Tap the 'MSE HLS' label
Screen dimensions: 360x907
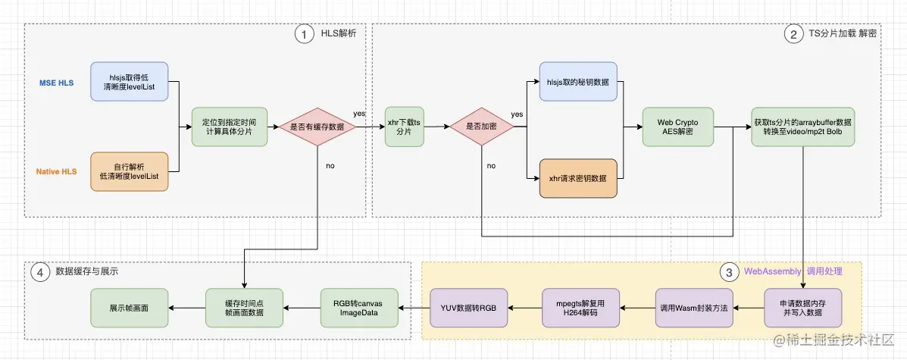(x=56, y=82)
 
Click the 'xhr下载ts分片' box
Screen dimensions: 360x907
(x=405, y=127)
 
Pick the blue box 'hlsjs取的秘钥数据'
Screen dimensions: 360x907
(x=578, y=82)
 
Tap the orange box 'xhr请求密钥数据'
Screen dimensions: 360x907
(x=578, y=178)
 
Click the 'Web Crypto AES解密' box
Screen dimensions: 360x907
(x=677, y=127)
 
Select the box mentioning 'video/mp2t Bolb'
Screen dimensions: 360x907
(x=802, y=127)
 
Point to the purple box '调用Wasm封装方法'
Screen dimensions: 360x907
(x=693, y=307)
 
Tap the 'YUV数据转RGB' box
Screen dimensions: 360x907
(x=469, y=307)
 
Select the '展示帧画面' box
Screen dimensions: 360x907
(x=128, y=307)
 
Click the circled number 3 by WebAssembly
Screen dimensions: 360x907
(x=728, y=271)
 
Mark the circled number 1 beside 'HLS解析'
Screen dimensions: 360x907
(x=304, y=33)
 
